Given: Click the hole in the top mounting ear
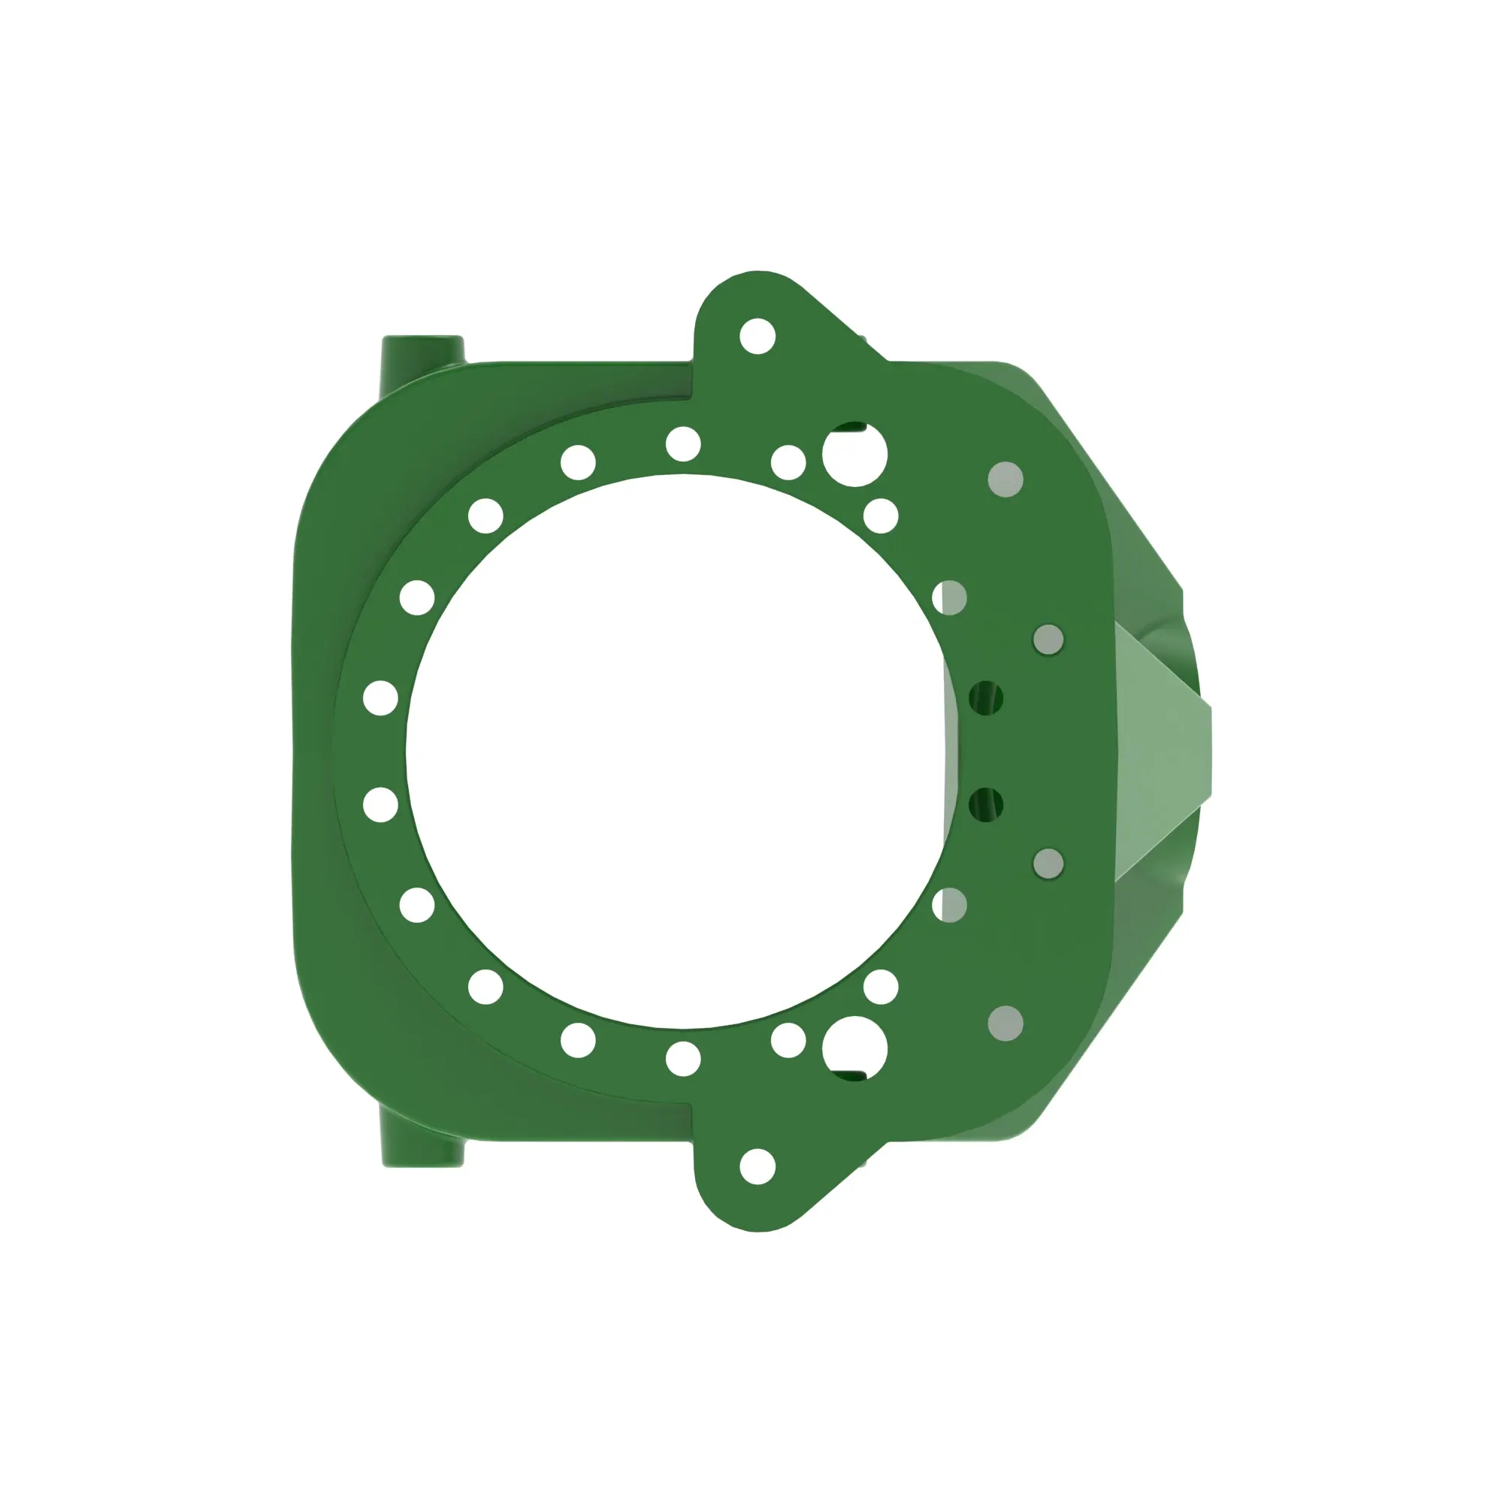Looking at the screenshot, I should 757,336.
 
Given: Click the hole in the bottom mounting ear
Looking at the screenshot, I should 757,1166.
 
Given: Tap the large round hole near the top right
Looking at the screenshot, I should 854,455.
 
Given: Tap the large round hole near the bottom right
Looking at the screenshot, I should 854,1048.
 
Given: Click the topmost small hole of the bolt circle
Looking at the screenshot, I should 683,444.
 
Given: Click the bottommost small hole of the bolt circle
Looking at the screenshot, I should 683,1059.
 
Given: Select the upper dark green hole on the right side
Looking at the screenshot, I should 986,698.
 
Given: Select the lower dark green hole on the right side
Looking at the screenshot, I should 986,804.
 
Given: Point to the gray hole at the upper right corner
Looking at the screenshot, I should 1005,479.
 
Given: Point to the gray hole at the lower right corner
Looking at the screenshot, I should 1005,1023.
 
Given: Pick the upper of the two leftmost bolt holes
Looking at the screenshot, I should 380,698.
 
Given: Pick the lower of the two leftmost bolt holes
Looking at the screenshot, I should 380,804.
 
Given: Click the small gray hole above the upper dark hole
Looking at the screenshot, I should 1048,640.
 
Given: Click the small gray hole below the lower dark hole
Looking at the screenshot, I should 1048,863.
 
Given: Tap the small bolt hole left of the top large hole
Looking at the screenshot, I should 788,462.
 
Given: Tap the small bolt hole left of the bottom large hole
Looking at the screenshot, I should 788,1040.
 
